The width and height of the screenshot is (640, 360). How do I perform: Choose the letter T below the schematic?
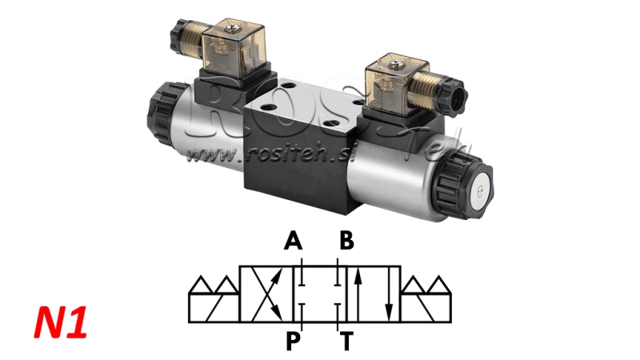346,342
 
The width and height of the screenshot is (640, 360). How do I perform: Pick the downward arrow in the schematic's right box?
388,294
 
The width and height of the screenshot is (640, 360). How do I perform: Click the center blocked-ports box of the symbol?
321,294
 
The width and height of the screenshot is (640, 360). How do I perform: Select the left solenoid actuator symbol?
213,298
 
